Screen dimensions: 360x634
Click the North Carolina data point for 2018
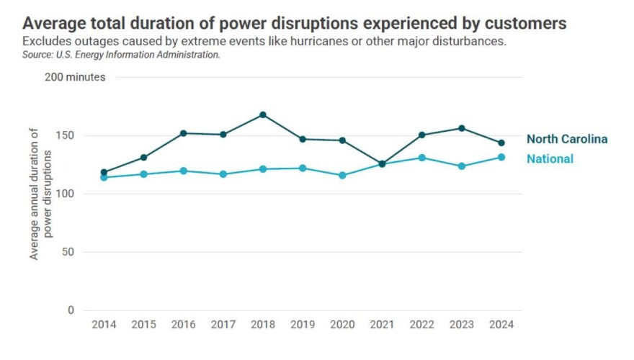point(263,114)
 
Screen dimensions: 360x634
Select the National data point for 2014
point(104,177)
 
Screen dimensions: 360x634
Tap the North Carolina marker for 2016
point(184,133)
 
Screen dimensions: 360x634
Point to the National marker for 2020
point(342,175)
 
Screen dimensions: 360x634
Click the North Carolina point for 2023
point(462,128)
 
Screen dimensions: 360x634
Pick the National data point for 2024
point(501,157)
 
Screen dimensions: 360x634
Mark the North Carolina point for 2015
point(143,157)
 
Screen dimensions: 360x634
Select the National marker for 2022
point(422,158)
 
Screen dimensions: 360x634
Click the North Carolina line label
point(566,140)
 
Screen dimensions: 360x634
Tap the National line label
point(550,159)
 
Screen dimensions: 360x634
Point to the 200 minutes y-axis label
point(75,77)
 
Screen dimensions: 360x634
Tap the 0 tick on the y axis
point(71,310)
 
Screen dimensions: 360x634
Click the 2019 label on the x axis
point(303,325)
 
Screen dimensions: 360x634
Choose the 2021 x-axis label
point(382,325)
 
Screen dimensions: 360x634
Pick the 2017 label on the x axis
point(223,325)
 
